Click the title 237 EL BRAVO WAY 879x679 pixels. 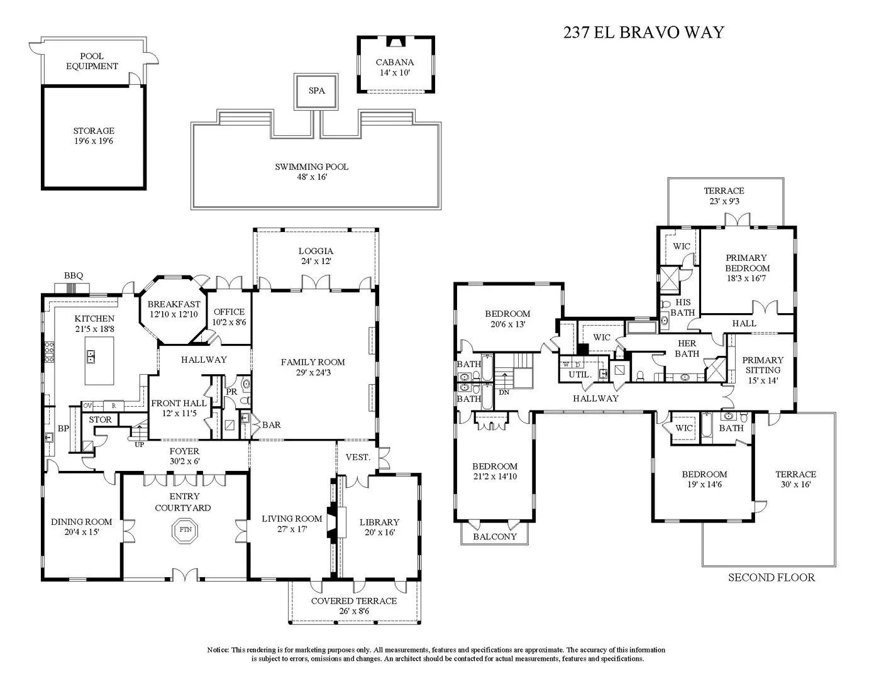pos(644,32)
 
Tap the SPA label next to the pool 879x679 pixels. pos(316,91)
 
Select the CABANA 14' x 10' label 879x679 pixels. pos(395,67)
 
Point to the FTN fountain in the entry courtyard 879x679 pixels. pos(185,529)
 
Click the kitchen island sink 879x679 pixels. pos(91,356)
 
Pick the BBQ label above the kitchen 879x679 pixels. pos(74,275)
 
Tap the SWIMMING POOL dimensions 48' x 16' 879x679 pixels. pos(312,177)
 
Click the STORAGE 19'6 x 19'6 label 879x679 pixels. pos(94,136)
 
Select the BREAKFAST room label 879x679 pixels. pos(174,304)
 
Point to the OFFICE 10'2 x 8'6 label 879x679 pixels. pos(229,317)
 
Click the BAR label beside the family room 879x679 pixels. pos(272,424)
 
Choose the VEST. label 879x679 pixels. pos(358,457)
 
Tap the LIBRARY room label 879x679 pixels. pos(379,522)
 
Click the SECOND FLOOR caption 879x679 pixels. pos(771,578)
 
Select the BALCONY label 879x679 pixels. pos(495,537)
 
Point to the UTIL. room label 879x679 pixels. pos(580,375)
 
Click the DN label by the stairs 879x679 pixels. pos(504,392)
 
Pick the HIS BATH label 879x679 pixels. pos(683,307)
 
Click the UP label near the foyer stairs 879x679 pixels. pos(139,444)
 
